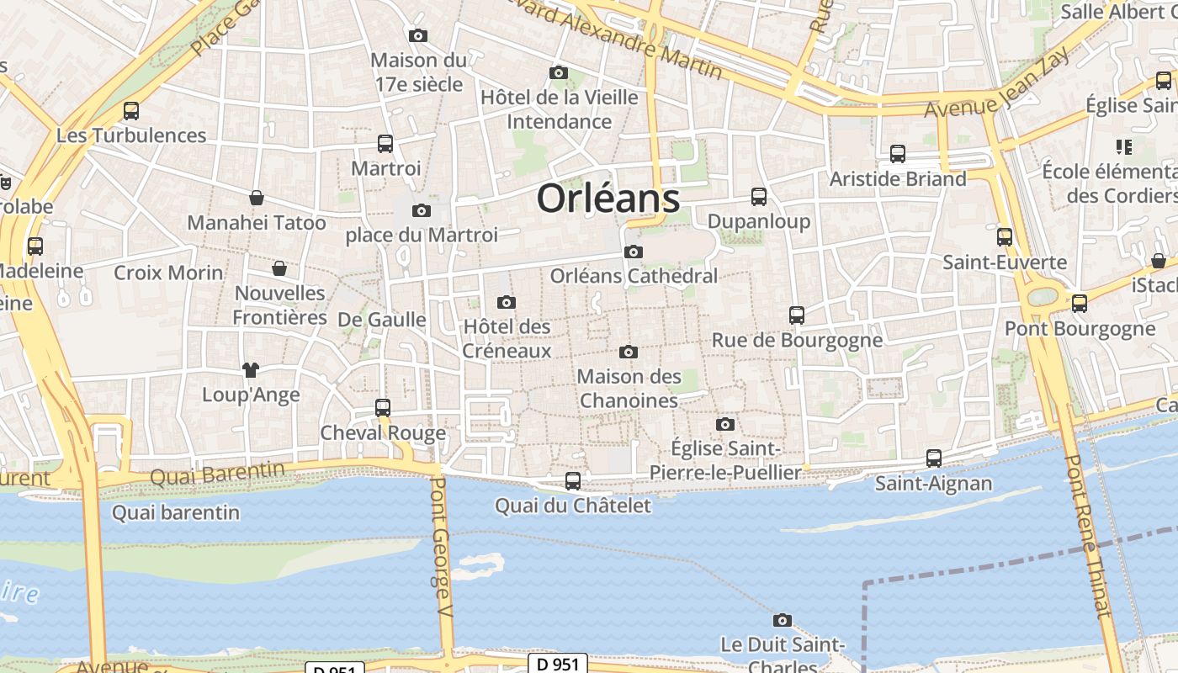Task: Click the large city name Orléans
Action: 608,199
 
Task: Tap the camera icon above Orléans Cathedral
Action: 634,252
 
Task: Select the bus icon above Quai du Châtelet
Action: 573,480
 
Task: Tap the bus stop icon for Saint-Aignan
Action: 933,458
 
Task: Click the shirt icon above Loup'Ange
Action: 251,369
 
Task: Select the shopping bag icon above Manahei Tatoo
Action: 257,198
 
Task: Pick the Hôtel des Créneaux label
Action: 507,338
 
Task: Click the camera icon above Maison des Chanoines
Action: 628,352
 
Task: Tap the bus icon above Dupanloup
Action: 759,197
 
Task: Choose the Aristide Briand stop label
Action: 898,179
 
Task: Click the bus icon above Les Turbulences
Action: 131,110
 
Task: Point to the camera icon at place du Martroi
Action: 422,210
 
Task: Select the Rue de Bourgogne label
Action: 797,340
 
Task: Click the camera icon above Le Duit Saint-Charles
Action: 783,620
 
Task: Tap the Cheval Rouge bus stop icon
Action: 383,408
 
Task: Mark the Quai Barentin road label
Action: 217,474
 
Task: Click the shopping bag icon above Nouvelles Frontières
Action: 279,268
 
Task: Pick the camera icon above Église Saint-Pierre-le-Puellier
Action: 725,424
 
